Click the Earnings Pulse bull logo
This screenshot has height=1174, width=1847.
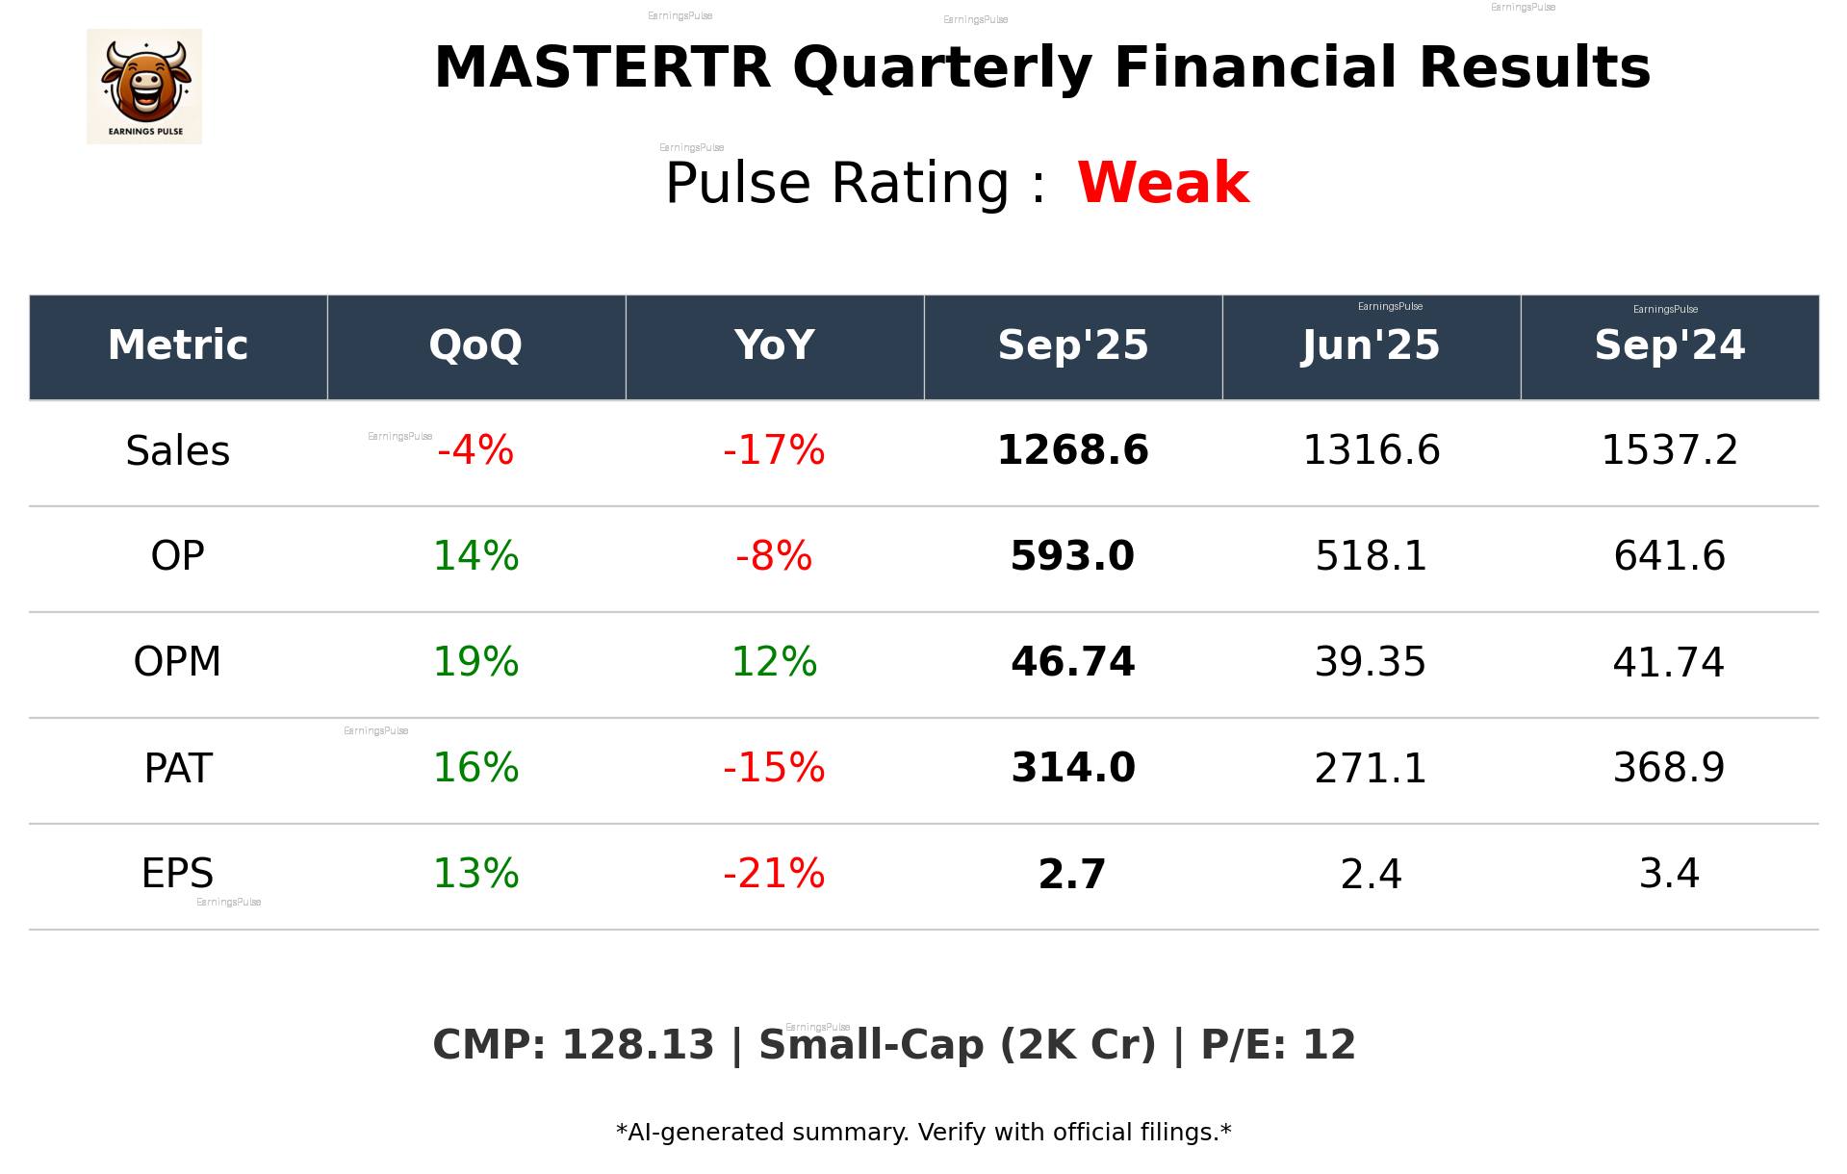pyautogui.click(x=144, y=87)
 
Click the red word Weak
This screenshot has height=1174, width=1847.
pyautogui.click(x=1163, y=183)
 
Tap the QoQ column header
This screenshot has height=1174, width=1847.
pyautogui.click(x=475, y=345)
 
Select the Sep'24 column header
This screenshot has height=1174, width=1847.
pyautogui.click(x=1669, y=345)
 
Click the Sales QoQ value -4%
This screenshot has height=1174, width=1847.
pyautogui.click(x=475, y=450)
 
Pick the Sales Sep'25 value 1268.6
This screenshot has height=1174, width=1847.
pyautogui.click(x=1072, y=450)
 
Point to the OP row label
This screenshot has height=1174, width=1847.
pyautogui.click(x=178, y=556)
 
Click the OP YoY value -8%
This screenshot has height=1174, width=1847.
pyautogui.click(x=774, y=556)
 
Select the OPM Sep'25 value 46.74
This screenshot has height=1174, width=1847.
pyautogui.click(x=1072, y=662)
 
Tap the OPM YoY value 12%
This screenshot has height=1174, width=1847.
pyautogui.click(x=774, y=662)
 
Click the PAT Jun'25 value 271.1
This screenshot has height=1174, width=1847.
pyautogui.click(x=1371, y=768)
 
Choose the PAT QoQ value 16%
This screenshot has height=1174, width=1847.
pyautogui.click(x=475, y=768)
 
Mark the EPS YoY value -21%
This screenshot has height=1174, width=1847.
pyautogui.click(x=774, y=874)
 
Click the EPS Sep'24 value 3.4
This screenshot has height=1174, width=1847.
pyautogui.click(x=1669, y=874)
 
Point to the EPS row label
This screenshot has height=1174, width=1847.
pyautogui.click(x=178, y=874)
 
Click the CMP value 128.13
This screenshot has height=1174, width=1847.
pyautogui.click(x=637, y=1045)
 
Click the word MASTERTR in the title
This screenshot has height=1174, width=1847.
pyautogui.click(x=603, y=68)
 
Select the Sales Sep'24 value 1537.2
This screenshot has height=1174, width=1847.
pyautogui.click(x=1669, y=450)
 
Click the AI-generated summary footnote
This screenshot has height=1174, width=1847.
pyautogui.click(x=923, y=1133)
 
